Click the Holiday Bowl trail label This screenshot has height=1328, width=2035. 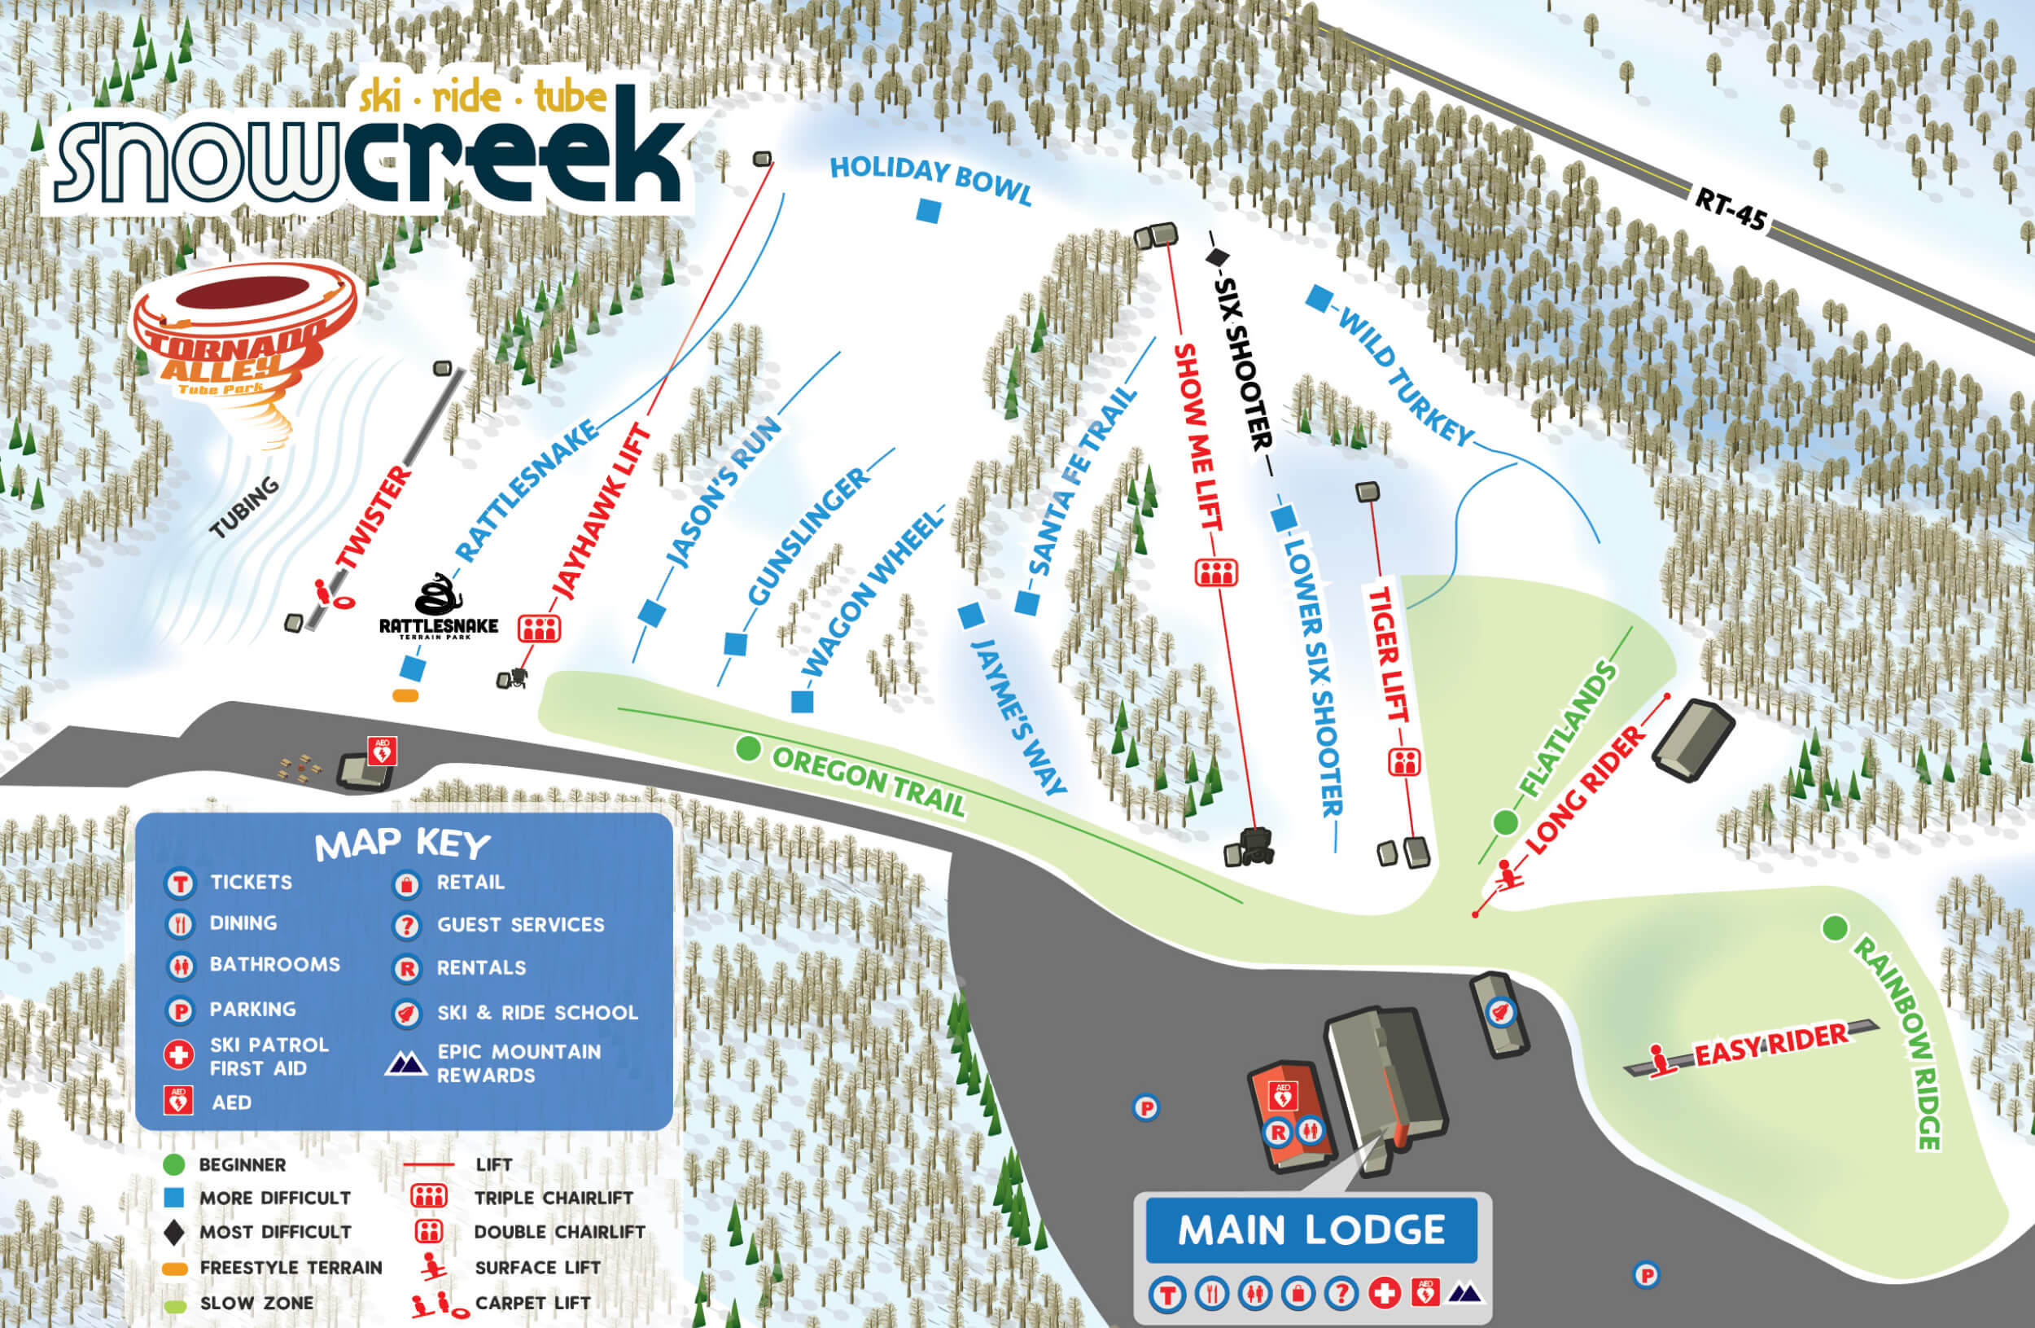coord(930,180)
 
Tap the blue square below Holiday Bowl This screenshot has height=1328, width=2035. coord(929,210)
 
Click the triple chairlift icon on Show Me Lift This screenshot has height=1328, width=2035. coord(1216,572)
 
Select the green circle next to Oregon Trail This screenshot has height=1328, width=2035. coord(748,749)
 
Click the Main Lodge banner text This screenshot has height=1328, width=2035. coord(1311,1230)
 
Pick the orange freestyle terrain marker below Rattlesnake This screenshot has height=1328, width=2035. coord(405,696)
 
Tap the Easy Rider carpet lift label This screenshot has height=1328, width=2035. coord(1770,1045)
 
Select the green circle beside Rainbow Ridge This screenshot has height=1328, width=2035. coord(1834,927)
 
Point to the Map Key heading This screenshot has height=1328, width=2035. coord(403,845)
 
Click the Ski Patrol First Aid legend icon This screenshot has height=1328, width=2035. coord(179,1055)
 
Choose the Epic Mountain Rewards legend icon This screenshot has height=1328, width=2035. coord(406,1063)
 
